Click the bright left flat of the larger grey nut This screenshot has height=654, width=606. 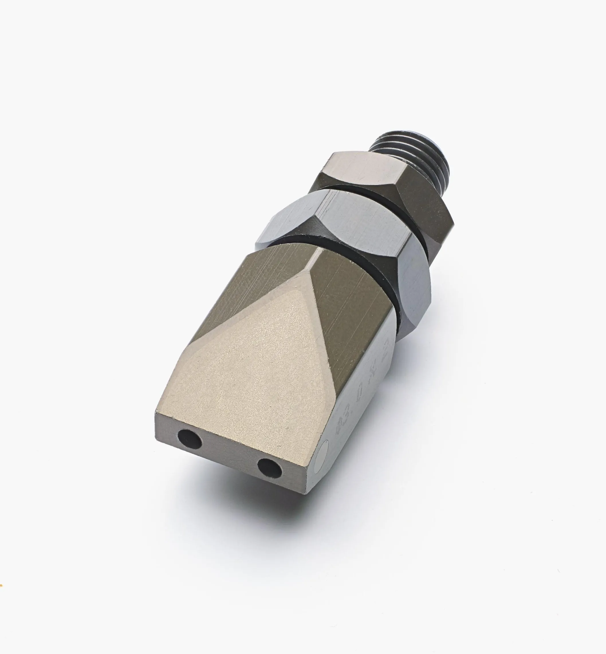pyautogui.click(x=289, y=218)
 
